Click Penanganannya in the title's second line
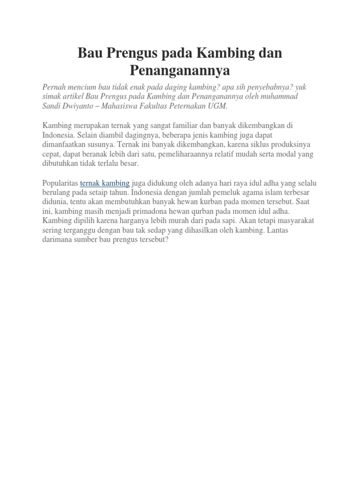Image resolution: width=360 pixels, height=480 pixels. coord(180,71)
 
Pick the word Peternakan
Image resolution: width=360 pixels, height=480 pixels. coord(192,106)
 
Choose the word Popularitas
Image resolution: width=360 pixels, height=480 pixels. coord(60,183)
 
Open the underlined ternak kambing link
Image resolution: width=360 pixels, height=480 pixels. coord(105,183)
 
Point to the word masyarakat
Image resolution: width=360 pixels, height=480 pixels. coord(295,220)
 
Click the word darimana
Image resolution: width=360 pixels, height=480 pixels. coord(58,239)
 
